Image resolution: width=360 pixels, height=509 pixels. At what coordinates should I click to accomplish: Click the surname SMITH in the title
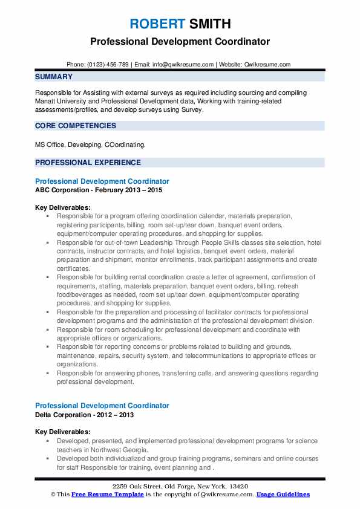click(209, 24)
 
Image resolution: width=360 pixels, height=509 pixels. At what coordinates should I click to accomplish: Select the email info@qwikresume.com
click(184, 64)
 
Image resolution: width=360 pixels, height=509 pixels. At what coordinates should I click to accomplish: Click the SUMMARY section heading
click(54, 77)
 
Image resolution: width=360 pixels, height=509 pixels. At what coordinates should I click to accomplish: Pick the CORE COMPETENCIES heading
click(76, 126)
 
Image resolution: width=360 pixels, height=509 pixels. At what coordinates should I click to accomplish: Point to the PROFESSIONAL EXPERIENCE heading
click(88, 163)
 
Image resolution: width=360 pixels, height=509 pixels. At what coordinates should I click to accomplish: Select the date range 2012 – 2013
click(118, 415)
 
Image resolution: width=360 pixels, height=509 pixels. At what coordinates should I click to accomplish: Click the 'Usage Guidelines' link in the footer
click(283, 494)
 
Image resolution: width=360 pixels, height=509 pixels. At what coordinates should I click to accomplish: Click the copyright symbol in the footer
click(53, 494)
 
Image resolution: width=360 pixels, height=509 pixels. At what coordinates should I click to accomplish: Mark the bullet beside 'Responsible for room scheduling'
click(47, 330)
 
